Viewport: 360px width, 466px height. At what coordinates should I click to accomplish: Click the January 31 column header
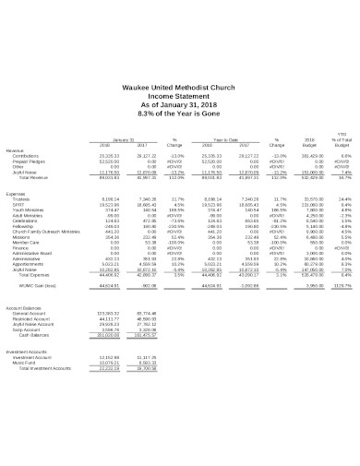(x=111, y=139)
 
